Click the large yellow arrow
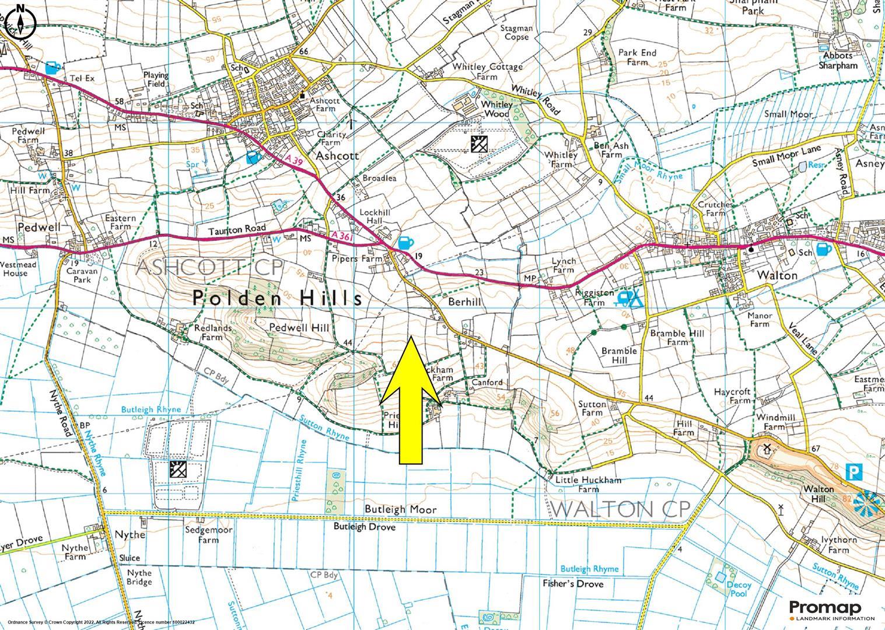[411, 402]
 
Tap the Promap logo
[831, 610]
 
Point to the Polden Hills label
[278, 299]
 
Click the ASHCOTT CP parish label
[209, 268]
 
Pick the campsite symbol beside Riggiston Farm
[631, 299]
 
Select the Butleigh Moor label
[400, 509]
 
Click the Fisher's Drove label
[573, 584]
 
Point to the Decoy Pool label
[740, 590]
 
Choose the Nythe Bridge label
[139, 577]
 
